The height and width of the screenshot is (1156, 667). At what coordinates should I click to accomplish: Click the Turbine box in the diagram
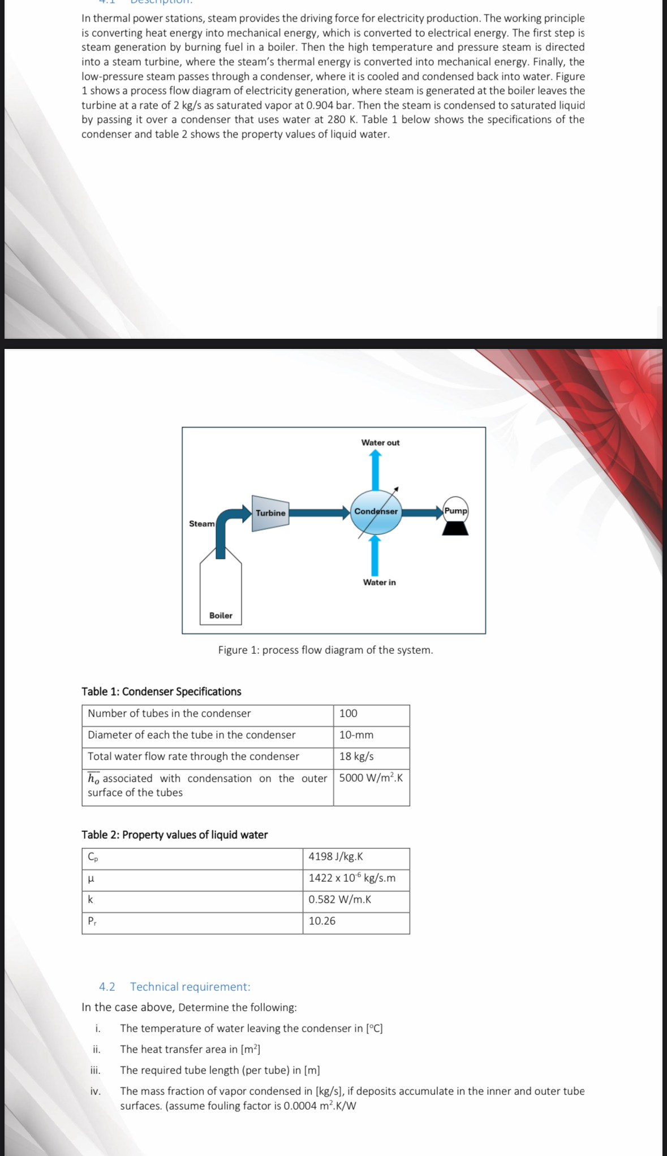270,513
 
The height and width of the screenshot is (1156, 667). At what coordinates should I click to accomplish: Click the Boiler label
221,615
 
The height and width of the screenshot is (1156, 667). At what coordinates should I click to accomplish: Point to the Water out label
380,443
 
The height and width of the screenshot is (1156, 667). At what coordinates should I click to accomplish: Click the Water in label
379,583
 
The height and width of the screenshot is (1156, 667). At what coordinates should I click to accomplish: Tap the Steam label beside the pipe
201,524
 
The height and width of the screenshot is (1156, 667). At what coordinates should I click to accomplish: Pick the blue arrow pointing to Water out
375,472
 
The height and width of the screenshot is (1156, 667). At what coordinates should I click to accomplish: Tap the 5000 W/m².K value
371,778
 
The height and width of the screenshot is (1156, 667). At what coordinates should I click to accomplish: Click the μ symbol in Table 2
91,879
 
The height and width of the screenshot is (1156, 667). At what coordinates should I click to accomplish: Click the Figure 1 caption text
325,650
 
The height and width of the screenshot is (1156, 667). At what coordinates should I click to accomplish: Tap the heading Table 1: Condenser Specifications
161,692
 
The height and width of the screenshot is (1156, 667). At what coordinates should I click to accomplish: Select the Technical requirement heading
190,987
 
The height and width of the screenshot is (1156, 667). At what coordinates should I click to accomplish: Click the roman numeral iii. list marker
96,1071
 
